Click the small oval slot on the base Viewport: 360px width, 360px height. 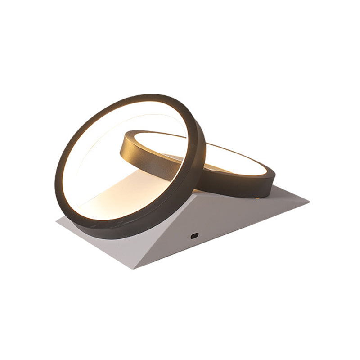(194, 235)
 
